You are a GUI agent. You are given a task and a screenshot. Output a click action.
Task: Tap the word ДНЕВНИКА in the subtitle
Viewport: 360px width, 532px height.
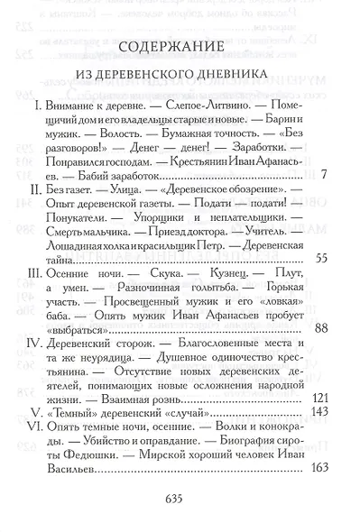pyautogui.click(x=244, y=77)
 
